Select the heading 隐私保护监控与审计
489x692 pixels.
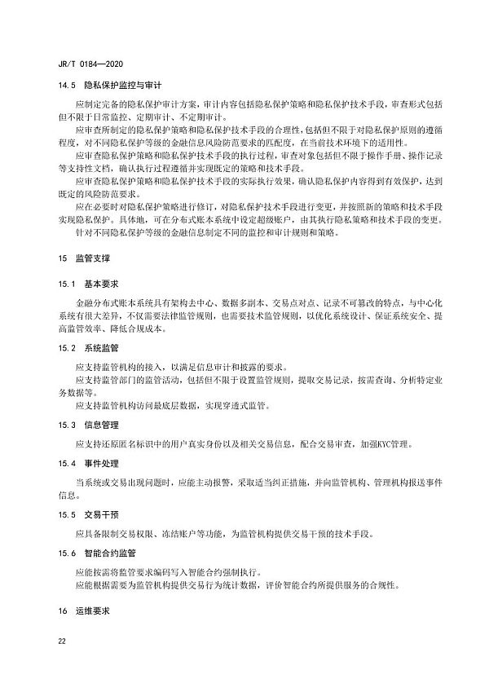117,84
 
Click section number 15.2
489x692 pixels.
65,347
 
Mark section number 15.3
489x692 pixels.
65,425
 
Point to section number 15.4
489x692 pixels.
65,463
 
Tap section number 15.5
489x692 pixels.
65,514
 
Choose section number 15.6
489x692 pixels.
65,553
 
